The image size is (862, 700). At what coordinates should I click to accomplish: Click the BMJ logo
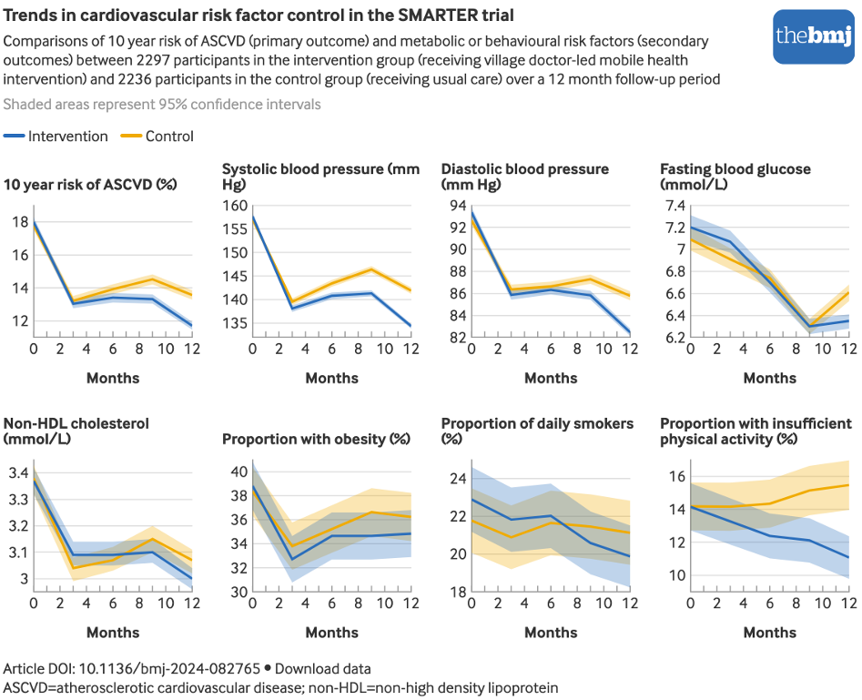[813, 36]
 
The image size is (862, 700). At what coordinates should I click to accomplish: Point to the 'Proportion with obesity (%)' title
[317, 439]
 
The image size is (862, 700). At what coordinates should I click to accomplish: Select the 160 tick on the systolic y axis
[235, 206]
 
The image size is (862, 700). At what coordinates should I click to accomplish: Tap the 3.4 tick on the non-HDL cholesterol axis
[19, 472]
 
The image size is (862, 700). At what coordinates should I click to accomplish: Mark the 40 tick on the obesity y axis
[238, 472]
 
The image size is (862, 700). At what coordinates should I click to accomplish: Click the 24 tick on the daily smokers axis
[457, 479]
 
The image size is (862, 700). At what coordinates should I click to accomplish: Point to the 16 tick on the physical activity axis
[675, 477]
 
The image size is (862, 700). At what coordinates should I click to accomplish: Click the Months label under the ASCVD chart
[113, 378]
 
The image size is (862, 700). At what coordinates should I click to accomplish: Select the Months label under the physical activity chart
[769, 633]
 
